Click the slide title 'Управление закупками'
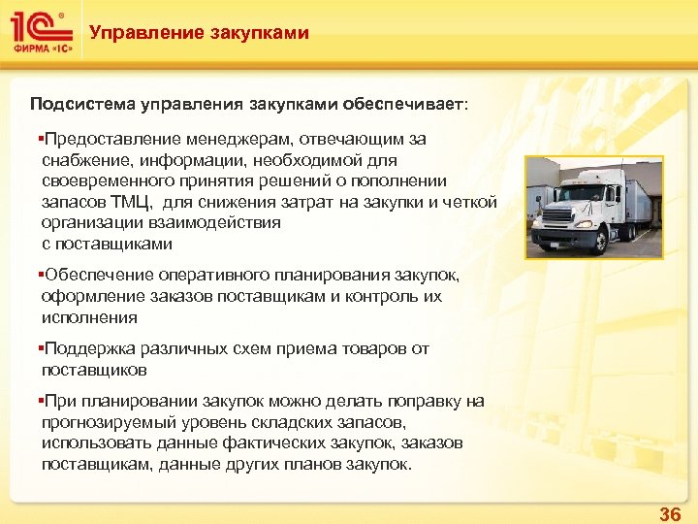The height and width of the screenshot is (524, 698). pos(199,33)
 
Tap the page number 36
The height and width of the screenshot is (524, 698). pos(669,513)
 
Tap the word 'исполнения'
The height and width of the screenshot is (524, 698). pos(89,317)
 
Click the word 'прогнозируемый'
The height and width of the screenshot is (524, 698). pos(108,422)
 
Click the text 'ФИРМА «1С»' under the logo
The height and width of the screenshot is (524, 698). pos(40,49)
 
